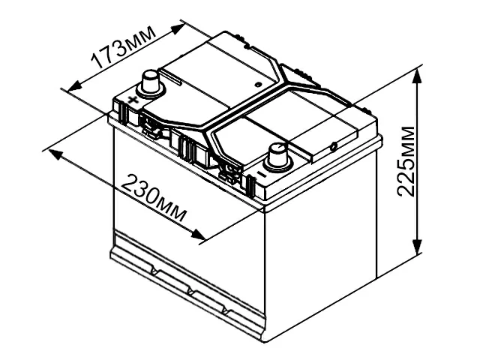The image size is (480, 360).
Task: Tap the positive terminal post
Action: [x=148, y=81]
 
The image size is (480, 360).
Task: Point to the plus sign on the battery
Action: [x=132, y=100]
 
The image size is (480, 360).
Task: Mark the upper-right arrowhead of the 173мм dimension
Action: [x=179, y=25]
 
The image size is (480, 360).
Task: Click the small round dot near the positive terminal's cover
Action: [x=257, y=84]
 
